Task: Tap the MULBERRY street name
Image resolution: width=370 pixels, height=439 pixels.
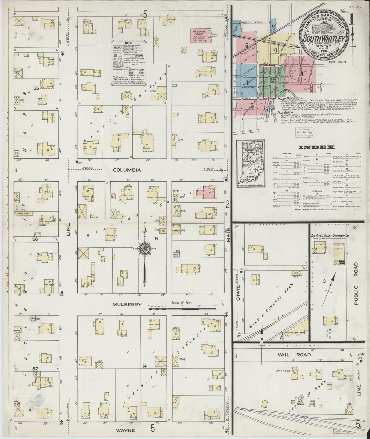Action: (x=127, y=305)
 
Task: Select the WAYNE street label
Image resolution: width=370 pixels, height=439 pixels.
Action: (x=125, y=430)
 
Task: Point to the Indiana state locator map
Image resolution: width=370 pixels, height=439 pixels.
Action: (x=251, y=163)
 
